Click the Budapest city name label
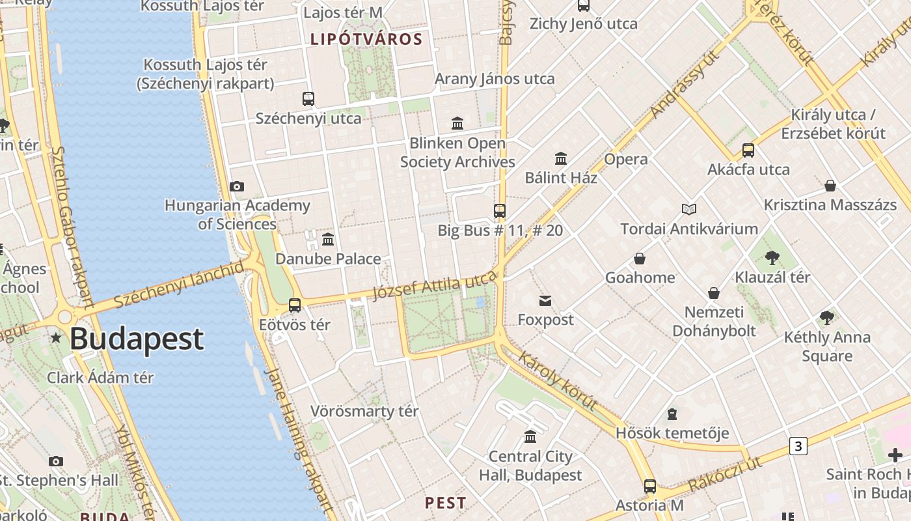pyautogui.click(x=137, y=339)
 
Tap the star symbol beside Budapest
pyautogui.click(x=57, y=337)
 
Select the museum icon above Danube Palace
pyautogui.click(x=328, y=239)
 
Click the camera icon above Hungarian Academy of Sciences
pyautogui.click(x=237, y=186)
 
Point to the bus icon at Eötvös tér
pyautogui.click(x=295, y=305)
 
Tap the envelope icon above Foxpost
pyautogui.click(x=545, y=300)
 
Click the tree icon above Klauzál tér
pyautogui.click(x=772, y=257)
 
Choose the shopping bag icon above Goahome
pyautogui.click(x=640, y=259)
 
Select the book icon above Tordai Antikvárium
pyautogui.click(x=689, y=209)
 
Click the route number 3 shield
pyautogui.click(x=798, y=446)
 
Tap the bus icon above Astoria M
pyautogui.click(x=649, y=486)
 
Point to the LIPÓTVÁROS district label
pyautogui.click(x=366, y=39)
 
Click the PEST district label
pyautogui.click(x=446, y=503)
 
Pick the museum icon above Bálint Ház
pyautogui.click(x=561, y=158)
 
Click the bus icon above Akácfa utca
pyautogui.click(x=748, y=150)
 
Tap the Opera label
pyautogui.click(x=626, y=160)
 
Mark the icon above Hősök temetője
pyautogui.click(x=672, y=414)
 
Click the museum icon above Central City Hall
pyautogui.click(x=530, y=436)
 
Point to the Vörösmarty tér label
pyautogui.click(x=364, y=412)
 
